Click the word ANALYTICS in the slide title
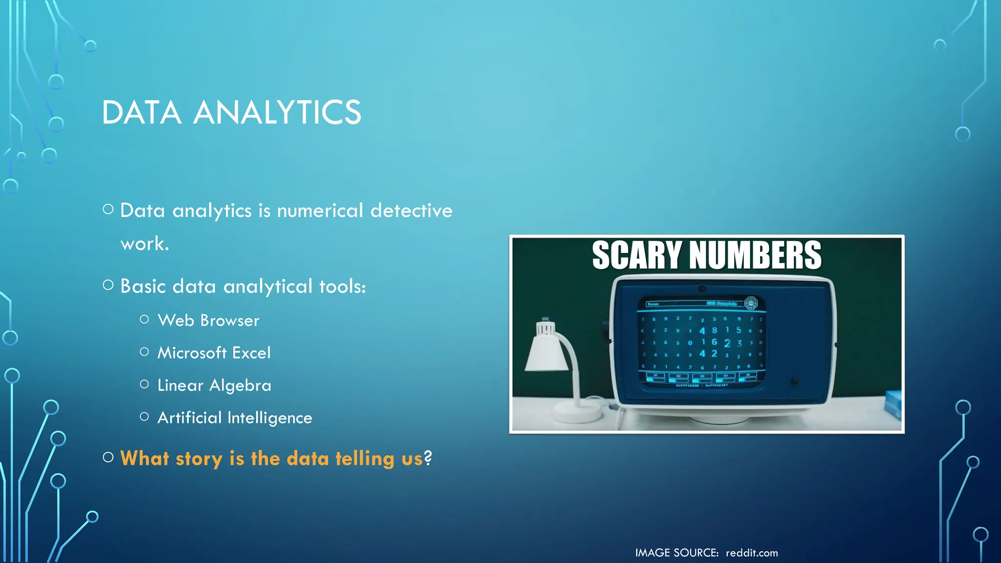[277, 112]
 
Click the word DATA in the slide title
[142, 112]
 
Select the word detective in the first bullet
[412, 211]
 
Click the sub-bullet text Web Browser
[209, 321]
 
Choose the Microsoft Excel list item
[214, 353]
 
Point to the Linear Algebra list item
[214, 386]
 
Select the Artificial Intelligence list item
[235, 418]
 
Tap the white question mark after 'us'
[428, 458]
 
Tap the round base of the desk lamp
[578, 412]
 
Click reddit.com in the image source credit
[752, 553]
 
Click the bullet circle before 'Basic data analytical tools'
[109, 285]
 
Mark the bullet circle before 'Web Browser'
[144, 320]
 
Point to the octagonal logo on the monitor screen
[750, 303]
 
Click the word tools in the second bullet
[342, 286]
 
